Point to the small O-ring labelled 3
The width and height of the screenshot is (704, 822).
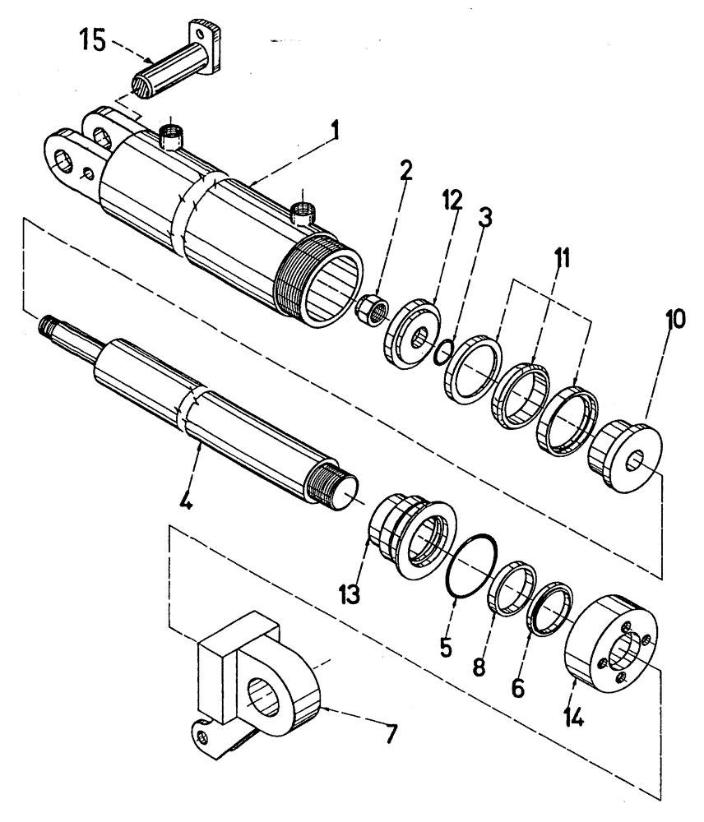(442, 351)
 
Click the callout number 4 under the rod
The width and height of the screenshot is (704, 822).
(187, 501)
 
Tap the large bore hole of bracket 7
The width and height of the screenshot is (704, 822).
(266, 696)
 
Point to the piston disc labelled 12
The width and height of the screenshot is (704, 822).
(409, 335)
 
